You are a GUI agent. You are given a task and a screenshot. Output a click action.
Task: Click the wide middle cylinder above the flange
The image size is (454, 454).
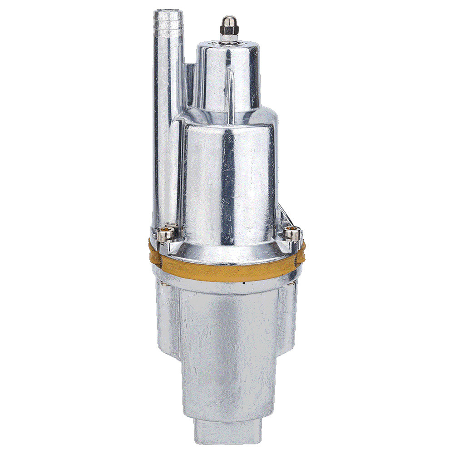227,182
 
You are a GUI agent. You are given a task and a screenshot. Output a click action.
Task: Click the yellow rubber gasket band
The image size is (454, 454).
227,270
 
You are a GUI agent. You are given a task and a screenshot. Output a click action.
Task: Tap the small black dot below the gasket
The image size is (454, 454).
244,282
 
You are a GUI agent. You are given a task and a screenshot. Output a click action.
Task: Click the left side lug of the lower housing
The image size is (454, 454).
167,318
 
